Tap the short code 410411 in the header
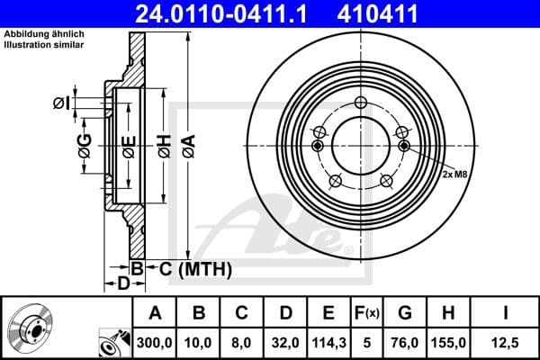(x=403, y=13)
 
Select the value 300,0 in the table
(x=154, y=343)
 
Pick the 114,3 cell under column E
(x=328, y=343)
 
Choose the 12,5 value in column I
(x=505, y=343)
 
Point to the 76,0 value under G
(x=405, y=343)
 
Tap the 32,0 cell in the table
(x=285, y=343)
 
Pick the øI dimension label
(x=60, y=103)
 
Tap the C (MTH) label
(x=191, y=268)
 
